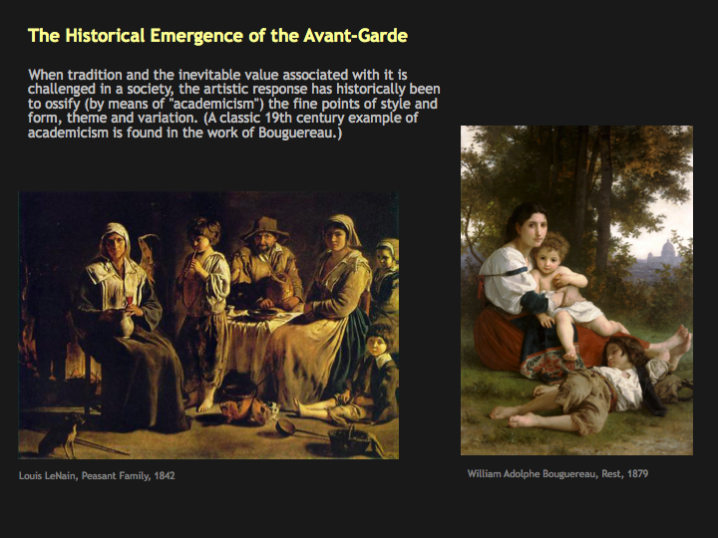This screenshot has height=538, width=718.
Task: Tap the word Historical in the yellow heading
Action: point(105,36)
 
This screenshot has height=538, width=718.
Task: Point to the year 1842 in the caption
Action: point(165,476)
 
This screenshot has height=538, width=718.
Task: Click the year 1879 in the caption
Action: point(637,473)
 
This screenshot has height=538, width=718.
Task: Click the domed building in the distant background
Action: point(667,252)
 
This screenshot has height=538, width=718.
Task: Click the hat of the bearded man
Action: point(265,227)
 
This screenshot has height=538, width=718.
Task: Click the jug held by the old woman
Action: point(125,324)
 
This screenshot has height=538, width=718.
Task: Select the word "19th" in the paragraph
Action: point(277,118)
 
